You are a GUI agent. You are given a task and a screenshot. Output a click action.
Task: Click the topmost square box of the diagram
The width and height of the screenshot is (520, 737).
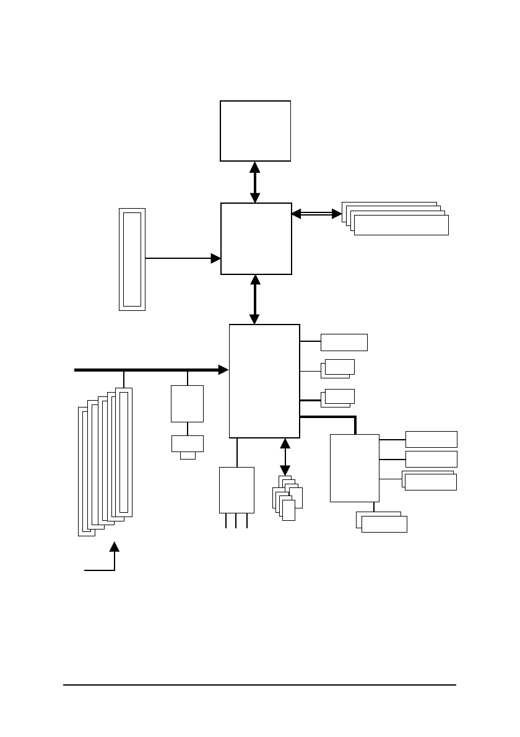pyautogui.click(x=255, y=131)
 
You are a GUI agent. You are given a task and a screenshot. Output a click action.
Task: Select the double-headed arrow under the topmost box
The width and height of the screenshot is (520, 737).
pyautogui.click(x=254, y=182)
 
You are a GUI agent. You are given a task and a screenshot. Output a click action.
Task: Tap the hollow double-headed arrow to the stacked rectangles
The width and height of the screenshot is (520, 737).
pyautogui.click(x=316, y=214)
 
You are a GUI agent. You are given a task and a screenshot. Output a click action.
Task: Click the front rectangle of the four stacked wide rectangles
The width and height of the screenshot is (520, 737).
pyautogui.click(x=401, y=225)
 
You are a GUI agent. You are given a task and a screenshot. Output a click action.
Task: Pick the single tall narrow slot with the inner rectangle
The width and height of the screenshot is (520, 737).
pyautogui.click(x=132, y=259)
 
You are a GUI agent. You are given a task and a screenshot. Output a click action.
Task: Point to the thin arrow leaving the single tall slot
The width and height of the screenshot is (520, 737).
pyautogui.click(x=183, y=258)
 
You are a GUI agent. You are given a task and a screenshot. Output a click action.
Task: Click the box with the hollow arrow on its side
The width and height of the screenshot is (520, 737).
pyautogui.click(x=256, y=238)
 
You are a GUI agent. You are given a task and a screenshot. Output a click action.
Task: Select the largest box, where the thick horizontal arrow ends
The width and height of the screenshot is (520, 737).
pyautogui.click(x=264, y=380)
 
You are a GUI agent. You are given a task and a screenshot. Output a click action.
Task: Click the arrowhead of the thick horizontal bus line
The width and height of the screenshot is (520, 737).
pyautogui.click(x=223, y=370)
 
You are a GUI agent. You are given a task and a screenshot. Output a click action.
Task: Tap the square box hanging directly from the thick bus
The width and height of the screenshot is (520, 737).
pyautogui.click(x=187, y=403)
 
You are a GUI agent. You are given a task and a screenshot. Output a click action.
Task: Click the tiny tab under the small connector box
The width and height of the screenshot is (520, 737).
pyautogui.click(x=188, y=456)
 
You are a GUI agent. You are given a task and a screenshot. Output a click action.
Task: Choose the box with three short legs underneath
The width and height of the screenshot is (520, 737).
pyautogui.click(x=236, y=490)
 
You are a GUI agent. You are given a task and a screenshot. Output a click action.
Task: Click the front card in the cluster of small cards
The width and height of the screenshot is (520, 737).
pyautogui.click(x=288, y=510)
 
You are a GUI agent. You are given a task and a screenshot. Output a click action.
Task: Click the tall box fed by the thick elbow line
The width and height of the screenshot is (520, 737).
pyautogui.click(x=354, y=468)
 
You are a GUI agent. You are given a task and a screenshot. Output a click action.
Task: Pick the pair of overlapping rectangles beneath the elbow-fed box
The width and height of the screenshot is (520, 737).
pyautogui.click(x=382, y=522)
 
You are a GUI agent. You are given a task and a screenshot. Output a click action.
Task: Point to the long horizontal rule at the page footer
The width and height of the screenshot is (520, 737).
pyautogui.click(x=259, y=685)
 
